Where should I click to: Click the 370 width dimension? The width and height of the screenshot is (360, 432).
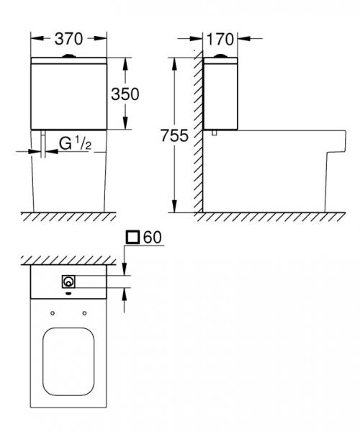(70, 38)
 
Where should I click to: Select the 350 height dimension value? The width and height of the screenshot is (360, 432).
(124, 94)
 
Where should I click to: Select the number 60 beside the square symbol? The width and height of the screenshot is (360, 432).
(152, 236)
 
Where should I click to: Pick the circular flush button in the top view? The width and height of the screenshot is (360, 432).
(70, 282)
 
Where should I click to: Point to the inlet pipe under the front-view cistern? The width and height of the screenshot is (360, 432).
(44, 143)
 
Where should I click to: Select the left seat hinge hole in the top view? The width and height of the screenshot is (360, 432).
(53, 312)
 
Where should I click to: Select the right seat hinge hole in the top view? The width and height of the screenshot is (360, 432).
(86, 312)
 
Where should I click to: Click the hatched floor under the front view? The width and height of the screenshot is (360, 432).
(70, 217)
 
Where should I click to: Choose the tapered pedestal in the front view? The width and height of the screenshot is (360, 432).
(70, 180)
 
